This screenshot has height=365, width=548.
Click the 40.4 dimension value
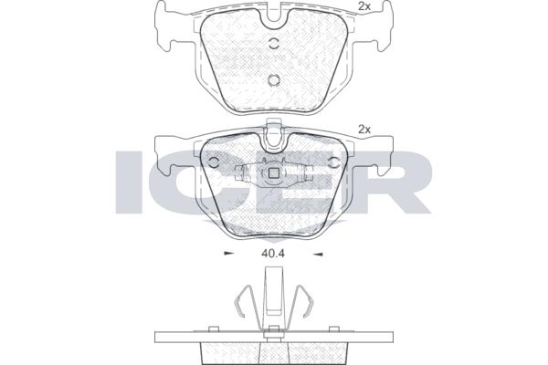(272, 254)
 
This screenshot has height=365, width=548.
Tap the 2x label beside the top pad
(364, 6)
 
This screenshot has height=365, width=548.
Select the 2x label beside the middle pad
(364, 130)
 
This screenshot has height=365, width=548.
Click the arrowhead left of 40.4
(228, 254)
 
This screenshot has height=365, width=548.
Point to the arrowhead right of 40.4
(318, 254)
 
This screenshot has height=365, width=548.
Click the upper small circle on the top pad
(274, 43)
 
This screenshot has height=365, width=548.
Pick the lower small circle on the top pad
(274, 80)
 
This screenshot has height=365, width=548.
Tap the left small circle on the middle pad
(213, 162)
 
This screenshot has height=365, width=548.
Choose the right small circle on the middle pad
(335, 162)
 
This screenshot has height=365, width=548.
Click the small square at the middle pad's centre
(273, 172)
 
